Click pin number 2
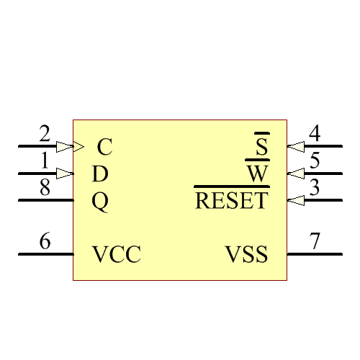coord(45,134)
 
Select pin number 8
coord(45,188)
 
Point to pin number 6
coord(45,242)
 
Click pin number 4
coord(315,134)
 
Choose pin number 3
coord(315,188)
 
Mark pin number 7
coord(315,242)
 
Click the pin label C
coord(104,148)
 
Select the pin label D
coord(101,174)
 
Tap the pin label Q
coord(101,202)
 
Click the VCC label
coord(116,255)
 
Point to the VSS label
coord(247,255)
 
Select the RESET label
coord(231,200)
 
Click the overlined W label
coord(257,174)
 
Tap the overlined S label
coord(262,148)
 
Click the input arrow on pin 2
coord(65,146)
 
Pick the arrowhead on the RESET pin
coord(295,200)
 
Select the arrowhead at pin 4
coord(295,146)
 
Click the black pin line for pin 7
coord(315,254)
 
